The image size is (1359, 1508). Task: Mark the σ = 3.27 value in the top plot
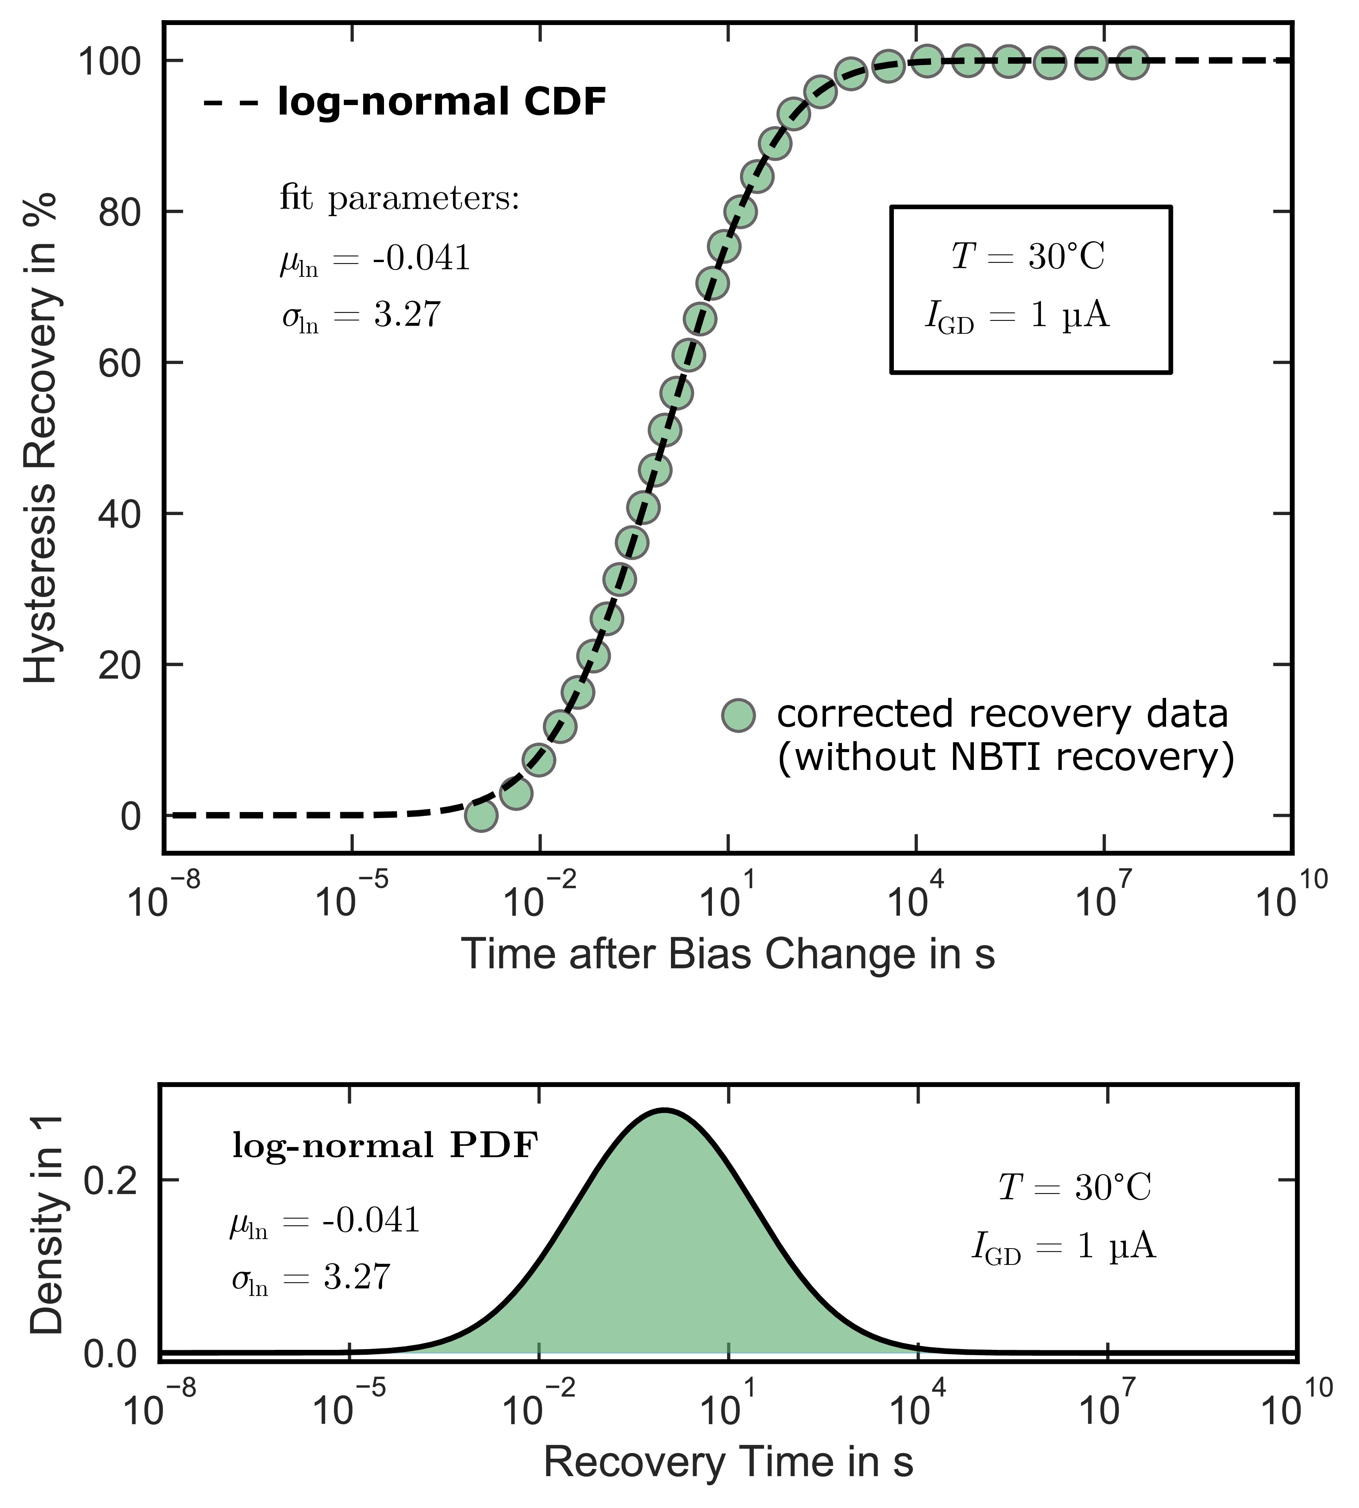[x=361, y=316]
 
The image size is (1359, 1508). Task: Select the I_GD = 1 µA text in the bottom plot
[x=1063, y=1247]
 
